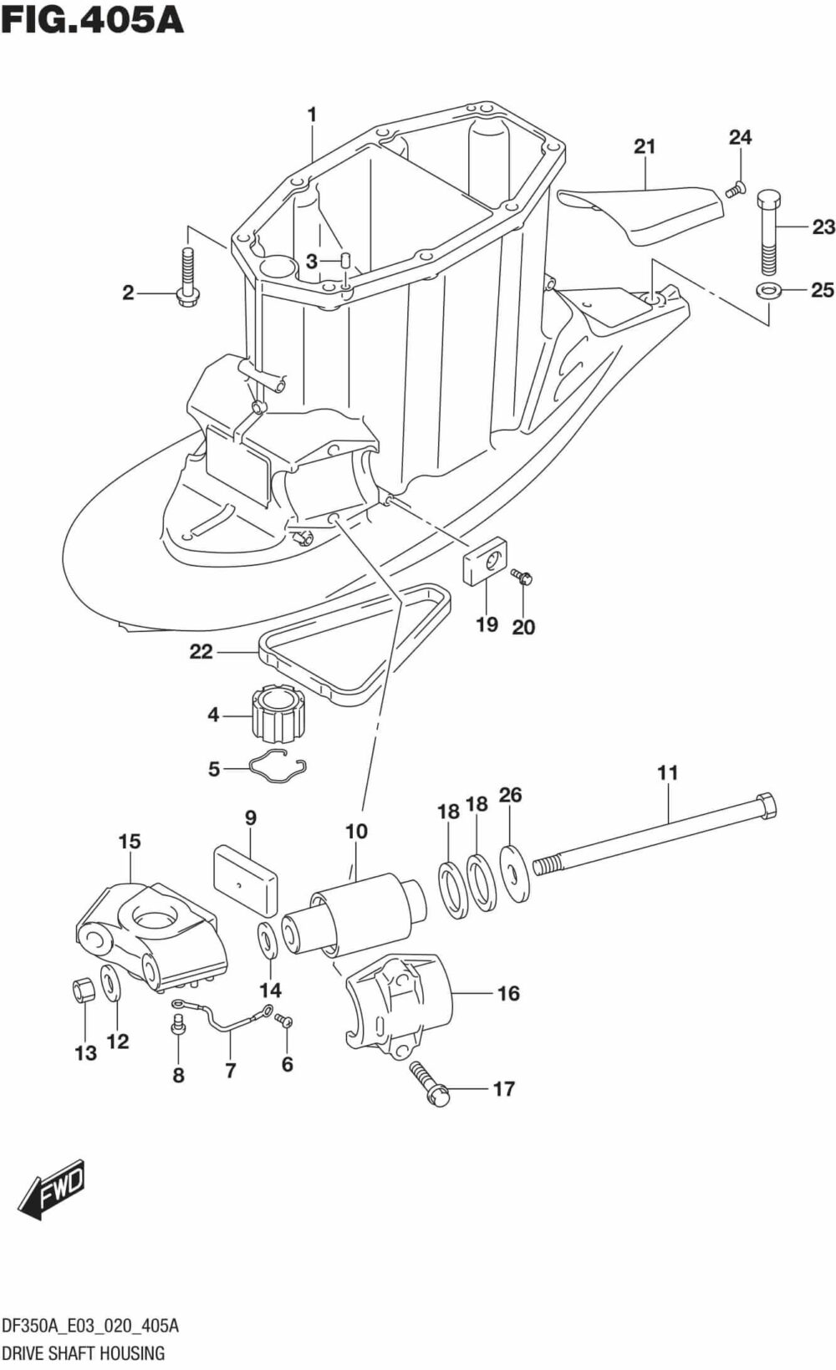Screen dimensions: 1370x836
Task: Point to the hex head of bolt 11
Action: tap(764, 807)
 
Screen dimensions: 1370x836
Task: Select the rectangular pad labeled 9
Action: tap(245, 879)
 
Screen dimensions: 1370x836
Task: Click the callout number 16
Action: tap(508, 993)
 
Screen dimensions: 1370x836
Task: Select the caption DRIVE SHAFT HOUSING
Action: tap(83, 1352)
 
